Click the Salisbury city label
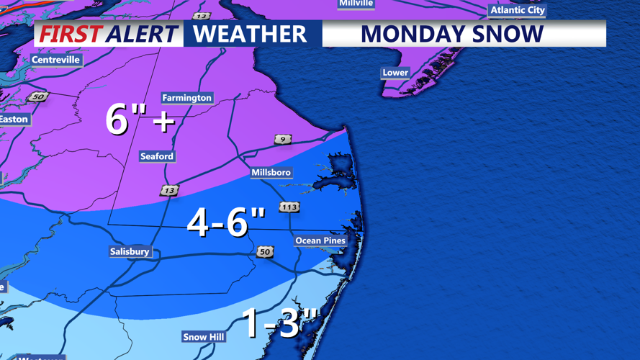[x=130, y=252]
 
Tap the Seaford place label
[x=156, y=156]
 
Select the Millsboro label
[x=271, y=173]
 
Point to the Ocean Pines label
[x=320, y=240]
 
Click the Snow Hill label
[x=204, y=337]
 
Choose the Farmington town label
[x=186, y=98]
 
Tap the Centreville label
[x=55, y=60]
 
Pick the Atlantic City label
[x=518, y=10]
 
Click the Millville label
[x=356, y=4]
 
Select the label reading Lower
[x=395, y=73]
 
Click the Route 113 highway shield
[x=289, y=207]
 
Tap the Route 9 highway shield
[x=283, y=139]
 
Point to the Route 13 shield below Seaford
[x=169, y=191]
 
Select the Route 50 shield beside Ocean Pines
[x=265, y=252]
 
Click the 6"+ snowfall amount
[x=140, y=119]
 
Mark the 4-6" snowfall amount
[x=226, y=222]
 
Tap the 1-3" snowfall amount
[x=279, y=323]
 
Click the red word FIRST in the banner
[x=71, y=34]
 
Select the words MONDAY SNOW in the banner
[x=452, y=34]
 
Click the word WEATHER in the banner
[x=249, y=34]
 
